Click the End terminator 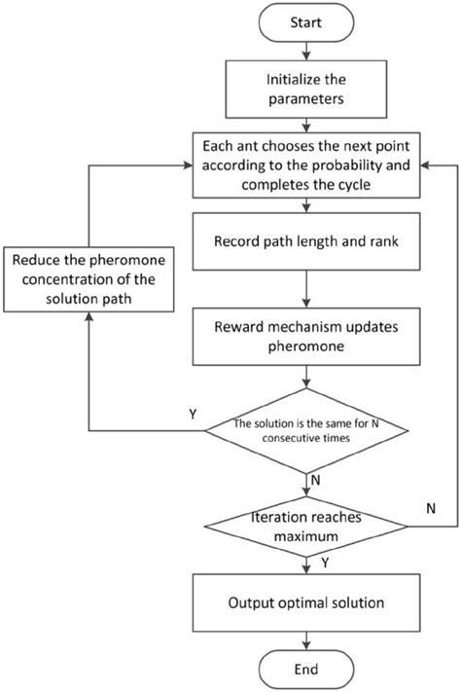tap(307, 671)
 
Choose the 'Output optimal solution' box tap(307, 603)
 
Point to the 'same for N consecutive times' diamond tap(307, 431)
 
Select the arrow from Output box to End tap(307, 639)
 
